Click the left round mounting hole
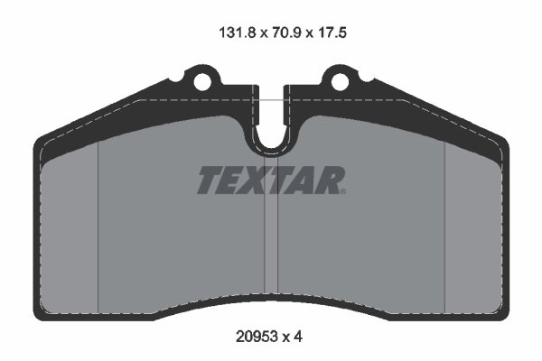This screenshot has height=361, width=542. [204, 82]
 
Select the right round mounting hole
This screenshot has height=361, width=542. [340, 82]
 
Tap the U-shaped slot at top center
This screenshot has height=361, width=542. [271, 134]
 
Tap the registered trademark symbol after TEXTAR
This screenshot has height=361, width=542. [342, 190]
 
